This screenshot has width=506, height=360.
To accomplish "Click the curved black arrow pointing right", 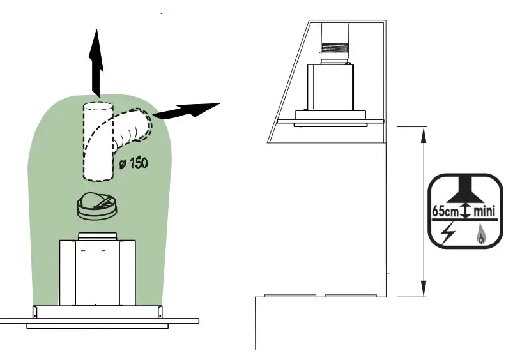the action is click(x=185, y=111).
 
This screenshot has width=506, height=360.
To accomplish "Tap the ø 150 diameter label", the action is click(x=134, y=163).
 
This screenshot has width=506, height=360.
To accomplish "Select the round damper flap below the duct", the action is click(x=96, y=205).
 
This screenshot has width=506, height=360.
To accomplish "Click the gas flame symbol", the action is click(x=480, y=237).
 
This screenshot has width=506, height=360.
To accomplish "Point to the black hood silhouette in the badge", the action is click(x=466, y=191).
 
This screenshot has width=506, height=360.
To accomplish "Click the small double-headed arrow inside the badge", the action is click(x=466, y=211).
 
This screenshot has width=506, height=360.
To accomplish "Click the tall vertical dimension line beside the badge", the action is click(x=423, y=211).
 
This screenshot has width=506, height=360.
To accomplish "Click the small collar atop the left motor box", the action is click(x=97, y=237).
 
